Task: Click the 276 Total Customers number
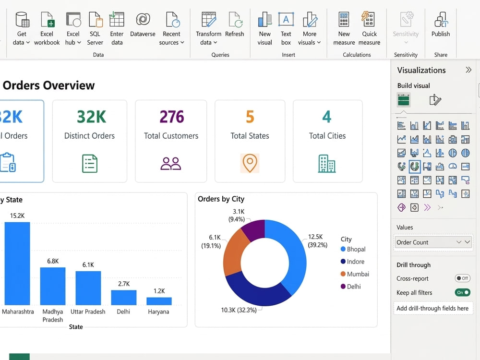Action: coord(172,117)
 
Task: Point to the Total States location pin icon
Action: coord(250,163)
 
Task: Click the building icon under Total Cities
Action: coord(326,164)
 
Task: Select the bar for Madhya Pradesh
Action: coord(53,286)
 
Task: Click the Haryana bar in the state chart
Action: coord(159,301)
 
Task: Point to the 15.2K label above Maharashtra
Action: coord(17,216)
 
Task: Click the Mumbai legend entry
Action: coord(355,274)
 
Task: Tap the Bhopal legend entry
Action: coord(353,249)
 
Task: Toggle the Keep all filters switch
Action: coord(462,292)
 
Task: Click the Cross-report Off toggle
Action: coord(462,278)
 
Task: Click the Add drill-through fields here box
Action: coord(433,308)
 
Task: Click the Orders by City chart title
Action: coord(221,199)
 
